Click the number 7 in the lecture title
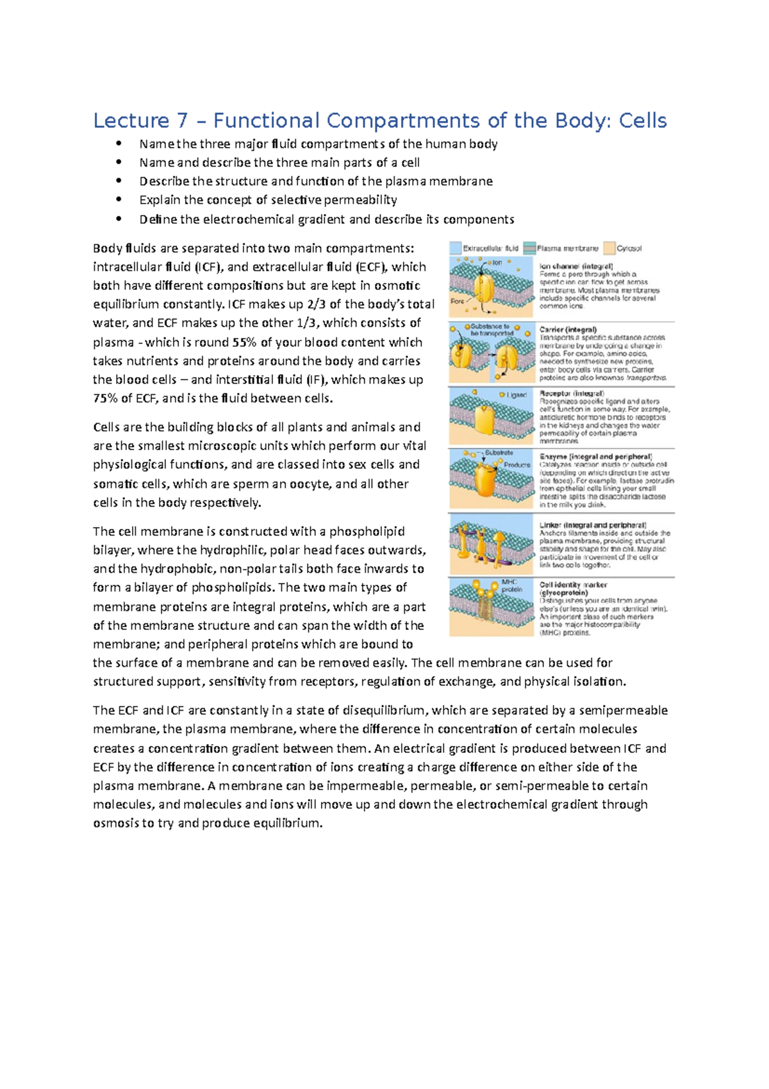181,121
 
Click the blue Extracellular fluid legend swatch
455,248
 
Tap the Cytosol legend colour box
609,248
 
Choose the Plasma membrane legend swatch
529,248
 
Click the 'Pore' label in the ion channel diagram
457,301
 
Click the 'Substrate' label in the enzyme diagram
499,453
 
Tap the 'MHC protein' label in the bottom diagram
511,586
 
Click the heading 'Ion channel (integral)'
576,266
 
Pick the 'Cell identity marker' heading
573,585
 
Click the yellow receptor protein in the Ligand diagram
487,418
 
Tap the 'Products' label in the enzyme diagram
517,464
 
